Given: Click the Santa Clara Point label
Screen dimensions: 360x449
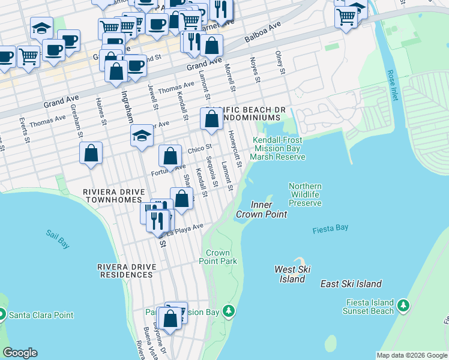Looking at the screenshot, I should click(x=41, y=315).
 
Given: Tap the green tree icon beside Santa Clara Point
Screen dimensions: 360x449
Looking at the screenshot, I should click(x=1, y=314).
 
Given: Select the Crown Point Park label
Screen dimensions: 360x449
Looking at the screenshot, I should click(x=218, y=257).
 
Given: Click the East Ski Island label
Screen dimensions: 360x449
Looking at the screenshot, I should click(x=351, y=284).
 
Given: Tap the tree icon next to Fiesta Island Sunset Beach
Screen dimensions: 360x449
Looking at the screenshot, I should click(x=404, y=306).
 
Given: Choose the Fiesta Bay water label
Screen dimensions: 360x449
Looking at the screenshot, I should click(x=331, y=230).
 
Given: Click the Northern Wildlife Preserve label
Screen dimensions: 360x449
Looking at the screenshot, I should click(x=305, y=195).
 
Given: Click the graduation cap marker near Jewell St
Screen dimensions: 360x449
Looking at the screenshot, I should click(x=142, y=136).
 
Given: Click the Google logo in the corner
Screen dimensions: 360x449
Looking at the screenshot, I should click(x=20, y=353).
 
